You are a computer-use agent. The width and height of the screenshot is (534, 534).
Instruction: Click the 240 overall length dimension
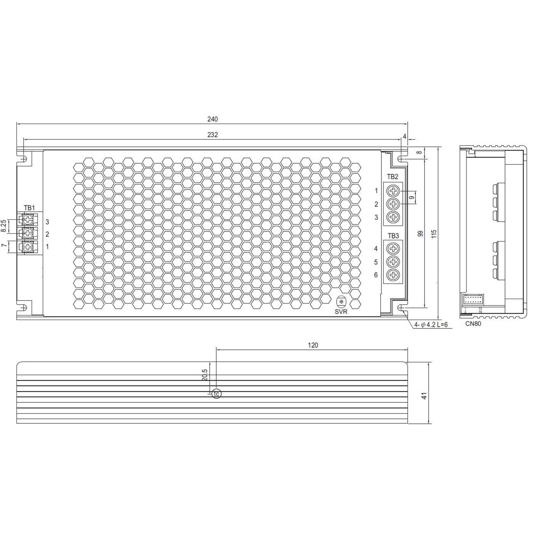pos(212,119)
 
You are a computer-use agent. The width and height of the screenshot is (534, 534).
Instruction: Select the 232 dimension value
pos(212,135)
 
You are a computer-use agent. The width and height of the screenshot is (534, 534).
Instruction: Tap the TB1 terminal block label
pos(29,208)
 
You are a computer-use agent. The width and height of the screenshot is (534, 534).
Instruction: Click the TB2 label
pos(392,177)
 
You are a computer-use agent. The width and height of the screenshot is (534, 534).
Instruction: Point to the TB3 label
pos(393,236)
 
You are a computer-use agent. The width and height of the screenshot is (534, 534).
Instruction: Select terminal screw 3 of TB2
pos(393,217)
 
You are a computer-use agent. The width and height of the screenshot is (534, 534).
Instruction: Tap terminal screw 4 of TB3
pos(393,249)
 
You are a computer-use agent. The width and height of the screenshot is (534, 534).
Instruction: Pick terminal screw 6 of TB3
pos(393,275)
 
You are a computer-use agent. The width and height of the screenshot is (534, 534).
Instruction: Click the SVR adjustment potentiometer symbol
pos(341,302)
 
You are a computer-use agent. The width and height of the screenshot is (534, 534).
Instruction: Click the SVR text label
pos(341,312)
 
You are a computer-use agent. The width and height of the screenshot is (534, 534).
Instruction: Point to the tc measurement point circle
pos(216,394)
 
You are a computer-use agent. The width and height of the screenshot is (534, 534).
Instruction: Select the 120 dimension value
pos(313,346)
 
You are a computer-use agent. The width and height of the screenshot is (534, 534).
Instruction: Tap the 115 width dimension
pos(434,233)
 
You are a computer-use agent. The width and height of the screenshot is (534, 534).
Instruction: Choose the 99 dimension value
pos(421,233)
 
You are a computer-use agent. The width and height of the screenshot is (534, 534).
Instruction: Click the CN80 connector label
pos(473,324)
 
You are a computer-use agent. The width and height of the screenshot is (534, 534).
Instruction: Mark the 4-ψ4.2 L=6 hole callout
pos(431,325)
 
